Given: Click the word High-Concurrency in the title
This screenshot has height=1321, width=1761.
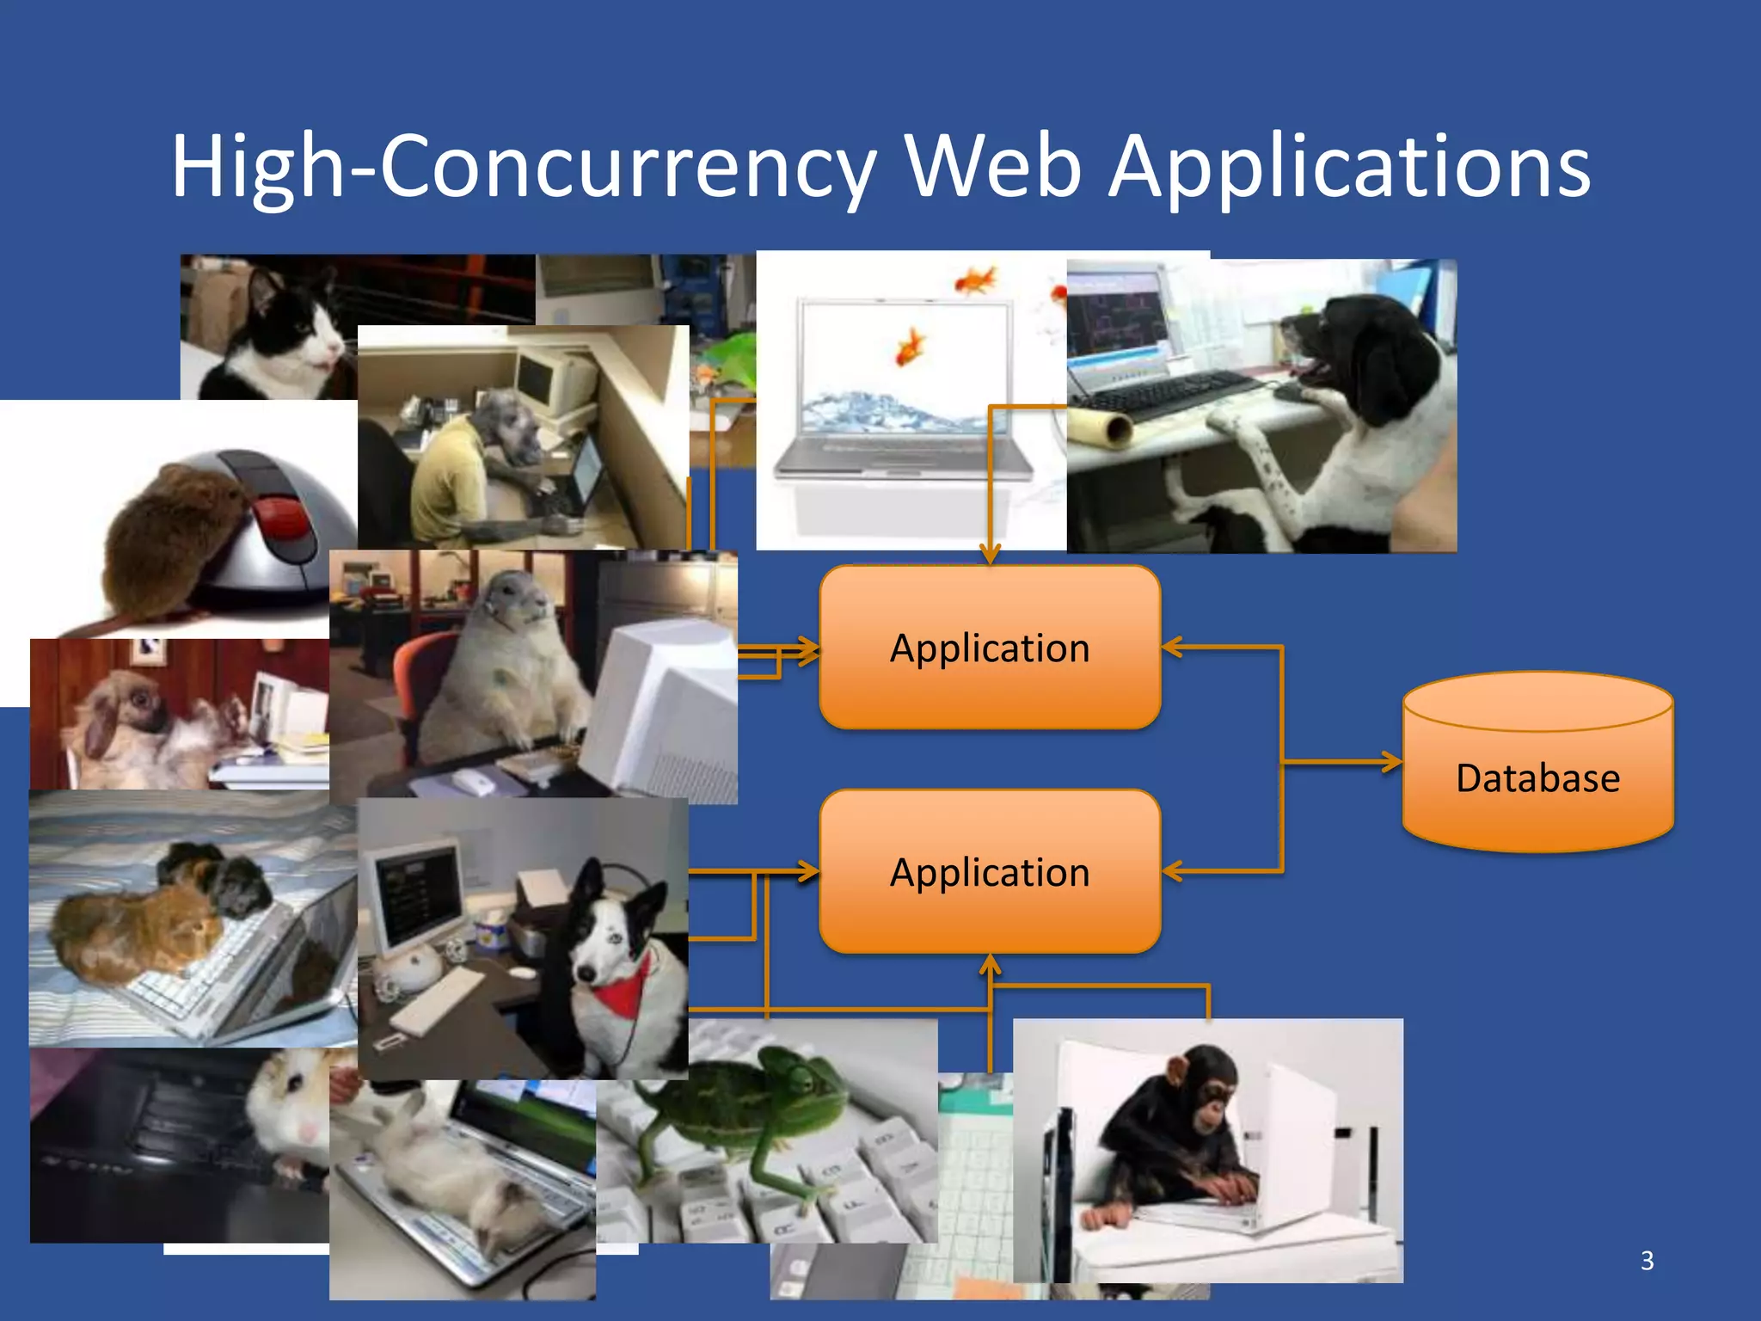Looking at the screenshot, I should click(x=523, y=166).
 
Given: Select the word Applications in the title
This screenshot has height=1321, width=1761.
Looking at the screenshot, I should click(x=1349, y=166).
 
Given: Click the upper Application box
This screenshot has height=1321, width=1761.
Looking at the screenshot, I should click(x=990, y=648).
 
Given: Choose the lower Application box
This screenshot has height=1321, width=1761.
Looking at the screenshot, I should click(x=990, y=872).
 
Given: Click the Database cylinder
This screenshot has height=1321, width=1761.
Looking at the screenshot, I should click(x=1537, y=765).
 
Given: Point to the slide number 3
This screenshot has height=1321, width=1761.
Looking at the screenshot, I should click(x=1647, y=1261).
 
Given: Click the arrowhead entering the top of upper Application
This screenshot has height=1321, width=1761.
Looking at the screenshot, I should click(x=990, y=555).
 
